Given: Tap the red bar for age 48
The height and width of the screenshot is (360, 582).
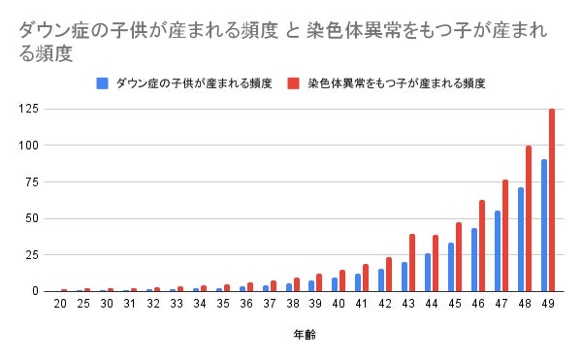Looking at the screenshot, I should pos(529,218).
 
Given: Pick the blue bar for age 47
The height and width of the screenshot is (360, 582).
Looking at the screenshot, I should pos(498,251).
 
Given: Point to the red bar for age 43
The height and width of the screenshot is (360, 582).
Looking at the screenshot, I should pos(412,263).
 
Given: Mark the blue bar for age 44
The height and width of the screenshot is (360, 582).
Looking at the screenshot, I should pos(428,273).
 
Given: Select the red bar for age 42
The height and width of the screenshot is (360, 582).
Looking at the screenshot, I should pos(389,275).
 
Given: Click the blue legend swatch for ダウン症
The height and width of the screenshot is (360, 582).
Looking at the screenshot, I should pos(102,83).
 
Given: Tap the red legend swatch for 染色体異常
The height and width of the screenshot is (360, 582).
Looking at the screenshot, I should pos(293,83).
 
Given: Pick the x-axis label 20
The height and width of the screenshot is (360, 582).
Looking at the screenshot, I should pos(60,305).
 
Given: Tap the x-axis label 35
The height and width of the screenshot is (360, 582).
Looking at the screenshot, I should pos(223,305).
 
